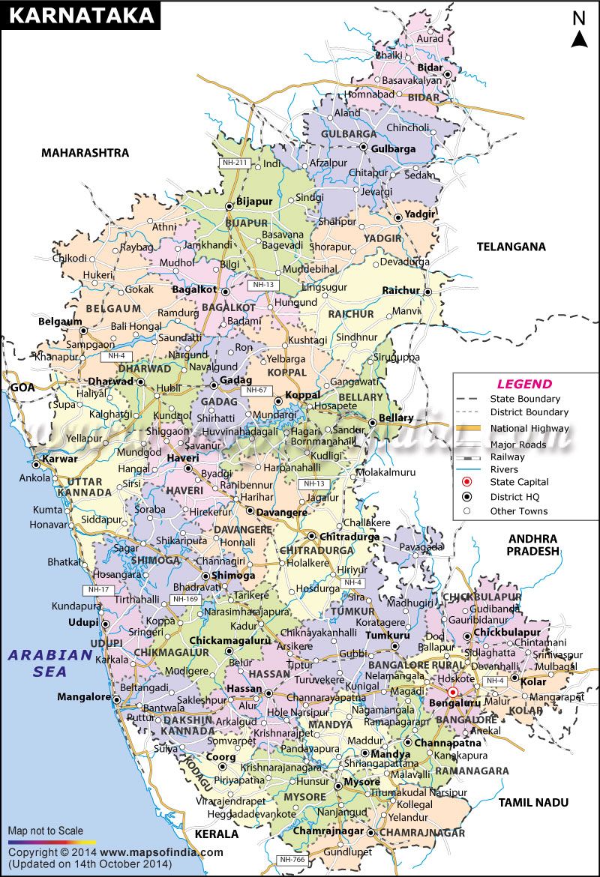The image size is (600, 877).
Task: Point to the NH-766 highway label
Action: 291,860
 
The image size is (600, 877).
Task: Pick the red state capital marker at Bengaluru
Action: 452,693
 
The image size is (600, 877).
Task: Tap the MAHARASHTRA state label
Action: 85,153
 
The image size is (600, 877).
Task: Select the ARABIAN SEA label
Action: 50,663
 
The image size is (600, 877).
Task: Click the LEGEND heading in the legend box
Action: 525,384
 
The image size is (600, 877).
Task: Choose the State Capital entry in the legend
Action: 519,482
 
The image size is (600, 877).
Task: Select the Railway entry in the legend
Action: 508,456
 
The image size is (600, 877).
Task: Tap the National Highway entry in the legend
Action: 529,428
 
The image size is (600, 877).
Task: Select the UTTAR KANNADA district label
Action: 94,486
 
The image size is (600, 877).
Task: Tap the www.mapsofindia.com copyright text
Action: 161,852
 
